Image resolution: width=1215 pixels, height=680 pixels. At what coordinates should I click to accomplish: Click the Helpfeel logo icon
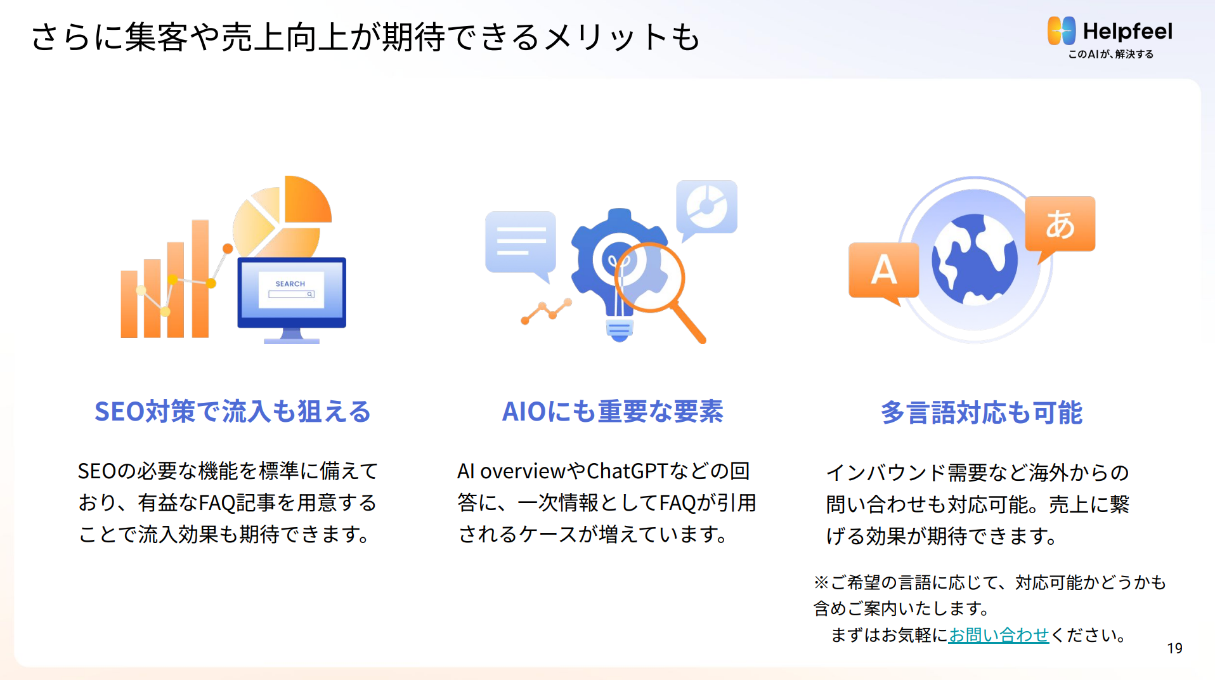1062,31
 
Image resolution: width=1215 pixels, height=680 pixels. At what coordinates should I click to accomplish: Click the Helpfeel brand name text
1127,31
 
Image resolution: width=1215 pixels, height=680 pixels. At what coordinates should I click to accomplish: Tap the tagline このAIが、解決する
1110,55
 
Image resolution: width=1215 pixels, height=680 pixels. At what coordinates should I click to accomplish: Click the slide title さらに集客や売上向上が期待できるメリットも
365,37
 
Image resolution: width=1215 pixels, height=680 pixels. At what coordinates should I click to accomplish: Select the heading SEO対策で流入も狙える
233,412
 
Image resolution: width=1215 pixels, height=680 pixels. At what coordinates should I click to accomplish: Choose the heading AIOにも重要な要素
613,412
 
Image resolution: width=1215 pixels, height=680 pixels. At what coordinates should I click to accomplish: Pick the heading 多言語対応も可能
981,413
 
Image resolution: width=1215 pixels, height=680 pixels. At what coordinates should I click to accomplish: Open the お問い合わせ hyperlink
999,635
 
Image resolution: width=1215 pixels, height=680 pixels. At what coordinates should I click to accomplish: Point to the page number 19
1174,648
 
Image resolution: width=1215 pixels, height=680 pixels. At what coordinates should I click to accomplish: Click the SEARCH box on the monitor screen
291,294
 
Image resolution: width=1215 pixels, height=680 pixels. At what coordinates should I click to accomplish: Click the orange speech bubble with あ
1060,225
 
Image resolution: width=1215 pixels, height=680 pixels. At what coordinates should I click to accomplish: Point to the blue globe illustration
974,259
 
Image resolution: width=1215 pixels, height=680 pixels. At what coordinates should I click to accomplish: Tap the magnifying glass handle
689,323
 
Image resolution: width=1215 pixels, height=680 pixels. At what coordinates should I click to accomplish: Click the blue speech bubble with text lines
521,243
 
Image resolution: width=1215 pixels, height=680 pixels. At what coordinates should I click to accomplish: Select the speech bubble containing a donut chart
706,207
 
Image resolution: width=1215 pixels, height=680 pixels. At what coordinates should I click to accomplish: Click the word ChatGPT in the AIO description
627,471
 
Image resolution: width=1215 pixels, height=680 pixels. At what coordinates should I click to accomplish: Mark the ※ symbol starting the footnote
821,582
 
